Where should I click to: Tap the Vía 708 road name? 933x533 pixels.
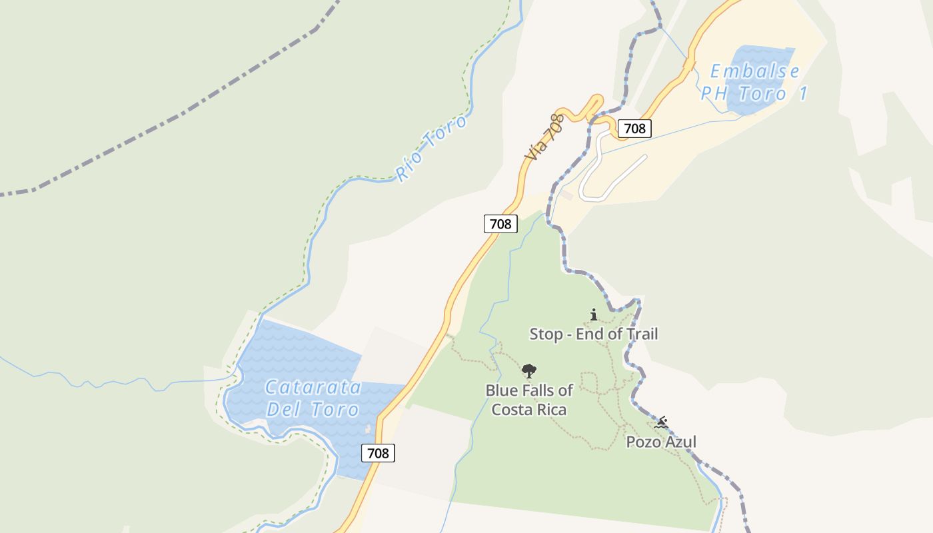click(x=544, y=137)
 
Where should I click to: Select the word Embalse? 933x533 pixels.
click(x=754, y=72)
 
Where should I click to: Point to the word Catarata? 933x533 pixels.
click(x=313, y=387)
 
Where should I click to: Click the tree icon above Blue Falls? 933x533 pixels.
click(x=529, y=371)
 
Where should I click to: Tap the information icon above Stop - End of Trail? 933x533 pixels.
click(x=594, y=314)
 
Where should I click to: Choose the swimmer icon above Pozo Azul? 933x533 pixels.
click(x=661, y=423)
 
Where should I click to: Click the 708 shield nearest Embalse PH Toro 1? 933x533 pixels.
click(x=634, y=129)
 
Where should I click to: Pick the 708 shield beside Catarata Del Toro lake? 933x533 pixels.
click(x=378, y=453)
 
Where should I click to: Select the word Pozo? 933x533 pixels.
click(x=642, y=442)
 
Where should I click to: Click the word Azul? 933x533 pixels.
click(x=679, y=442)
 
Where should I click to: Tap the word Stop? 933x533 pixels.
click(x=546, y=334)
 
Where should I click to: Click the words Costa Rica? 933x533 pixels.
click(x=529, y=409)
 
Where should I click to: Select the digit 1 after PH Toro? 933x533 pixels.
click(x=803, y=94)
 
